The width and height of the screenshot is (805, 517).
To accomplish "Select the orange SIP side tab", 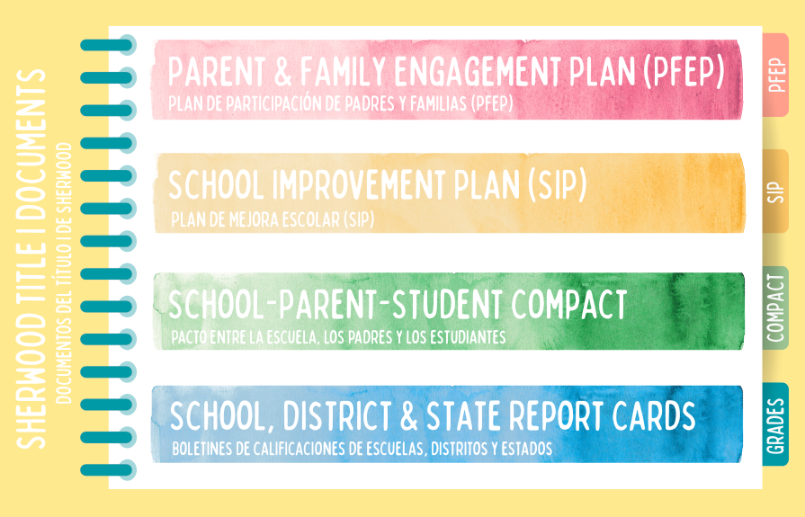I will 778,192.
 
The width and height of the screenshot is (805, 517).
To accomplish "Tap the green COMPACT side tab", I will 776,308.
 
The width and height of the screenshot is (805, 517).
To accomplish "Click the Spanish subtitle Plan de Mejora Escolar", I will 272,219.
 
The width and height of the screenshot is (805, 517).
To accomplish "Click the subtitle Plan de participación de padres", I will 341,104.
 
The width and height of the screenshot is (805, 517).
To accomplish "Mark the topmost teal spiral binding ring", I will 107,44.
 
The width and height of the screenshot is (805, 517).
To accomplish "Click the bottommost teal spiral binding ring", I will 107,469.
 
